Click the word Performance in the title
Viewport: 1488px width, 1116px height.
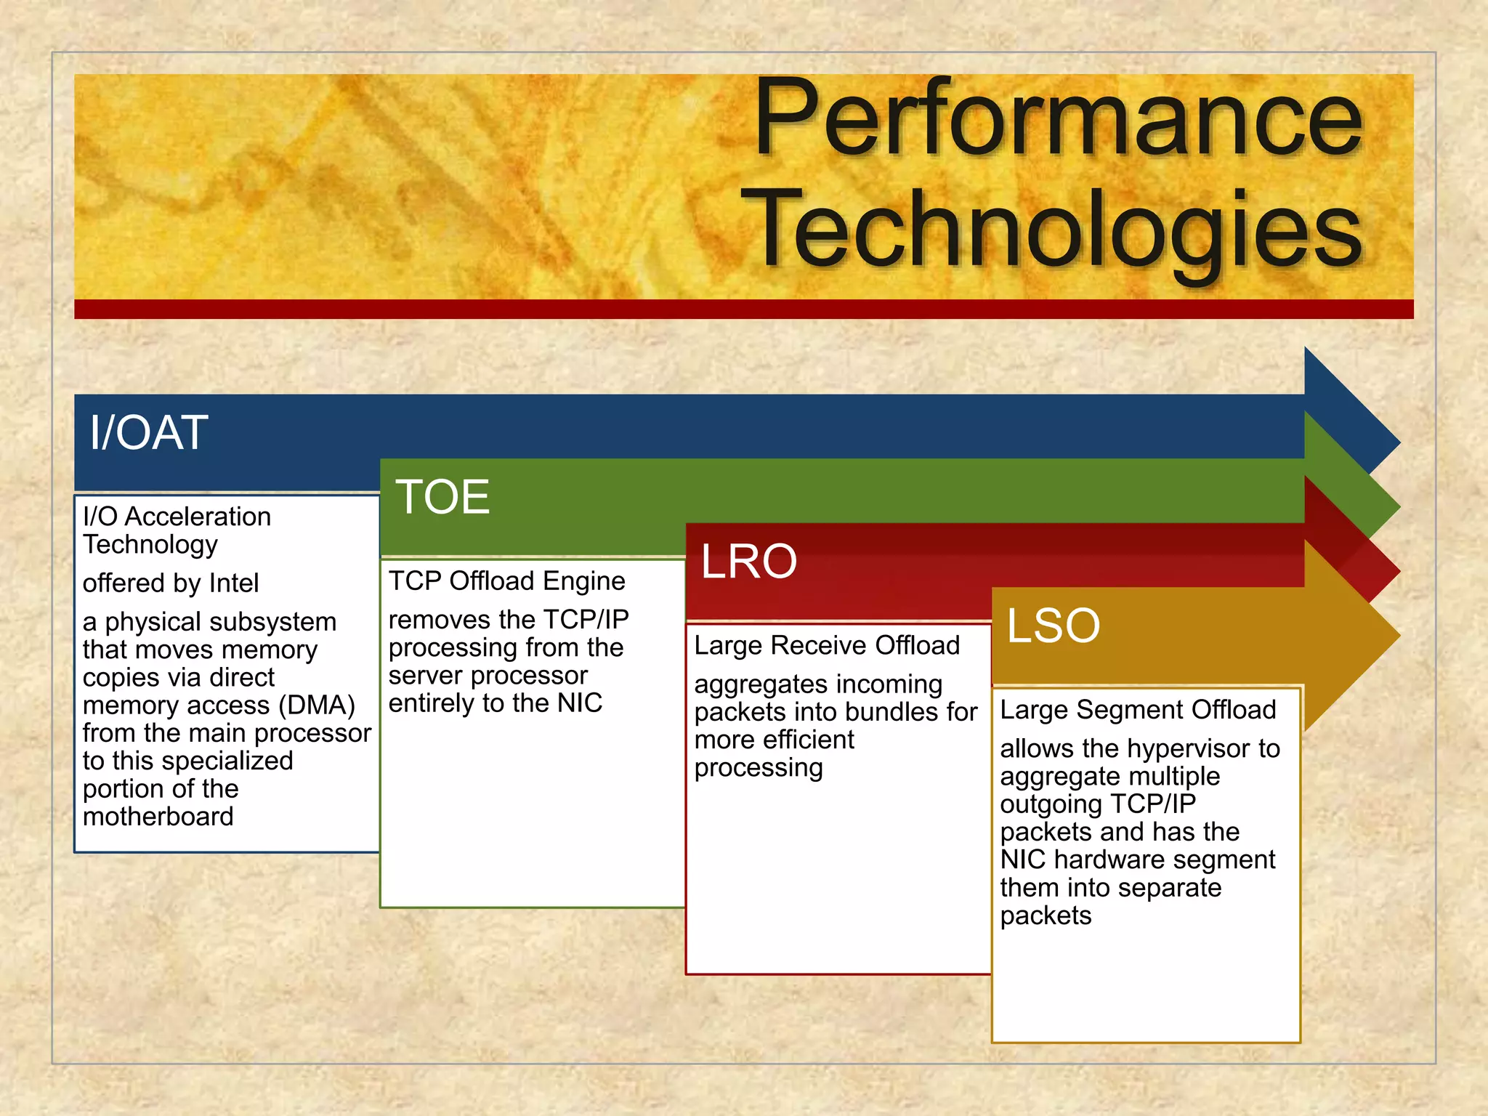pyautogui.click(x=1058, y=120)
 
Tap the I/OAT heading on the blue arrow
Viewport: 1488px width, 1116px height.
pyautogui.click(x=149, y=433)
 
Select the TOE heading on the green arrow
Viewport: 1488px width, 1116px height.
pyautogui.click(x=442, y=498)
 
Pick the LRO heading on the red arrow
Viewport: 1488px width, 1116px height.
pyautogui.click(x=749, y=562)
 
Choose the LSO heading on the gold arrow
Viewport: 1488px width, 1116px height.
pyautogui.click(x=1053, y=626)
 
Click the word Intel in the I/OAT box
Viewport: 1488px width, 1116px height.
pyautogui.click(x=233, y=583)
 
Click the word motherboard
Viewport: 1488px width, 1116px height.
pyautogui.click(x=158, y=817)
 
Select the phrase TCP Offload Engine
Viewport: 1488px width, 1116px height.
pyautogui.click(x=506, y=581)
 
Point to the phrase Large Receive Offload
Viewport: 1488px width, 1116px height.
pyautogui.click(x=827, y=646)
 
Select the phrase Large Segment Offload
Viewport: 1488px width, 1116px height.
pyautogui.click(x=1138, y=710)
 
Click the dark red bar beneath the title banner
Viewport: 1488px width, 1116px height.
pyautogui.click(x=743, y=310)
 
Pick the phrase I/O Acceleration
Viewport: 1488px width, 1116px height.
pyautogui.click(x=177, y=517)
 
